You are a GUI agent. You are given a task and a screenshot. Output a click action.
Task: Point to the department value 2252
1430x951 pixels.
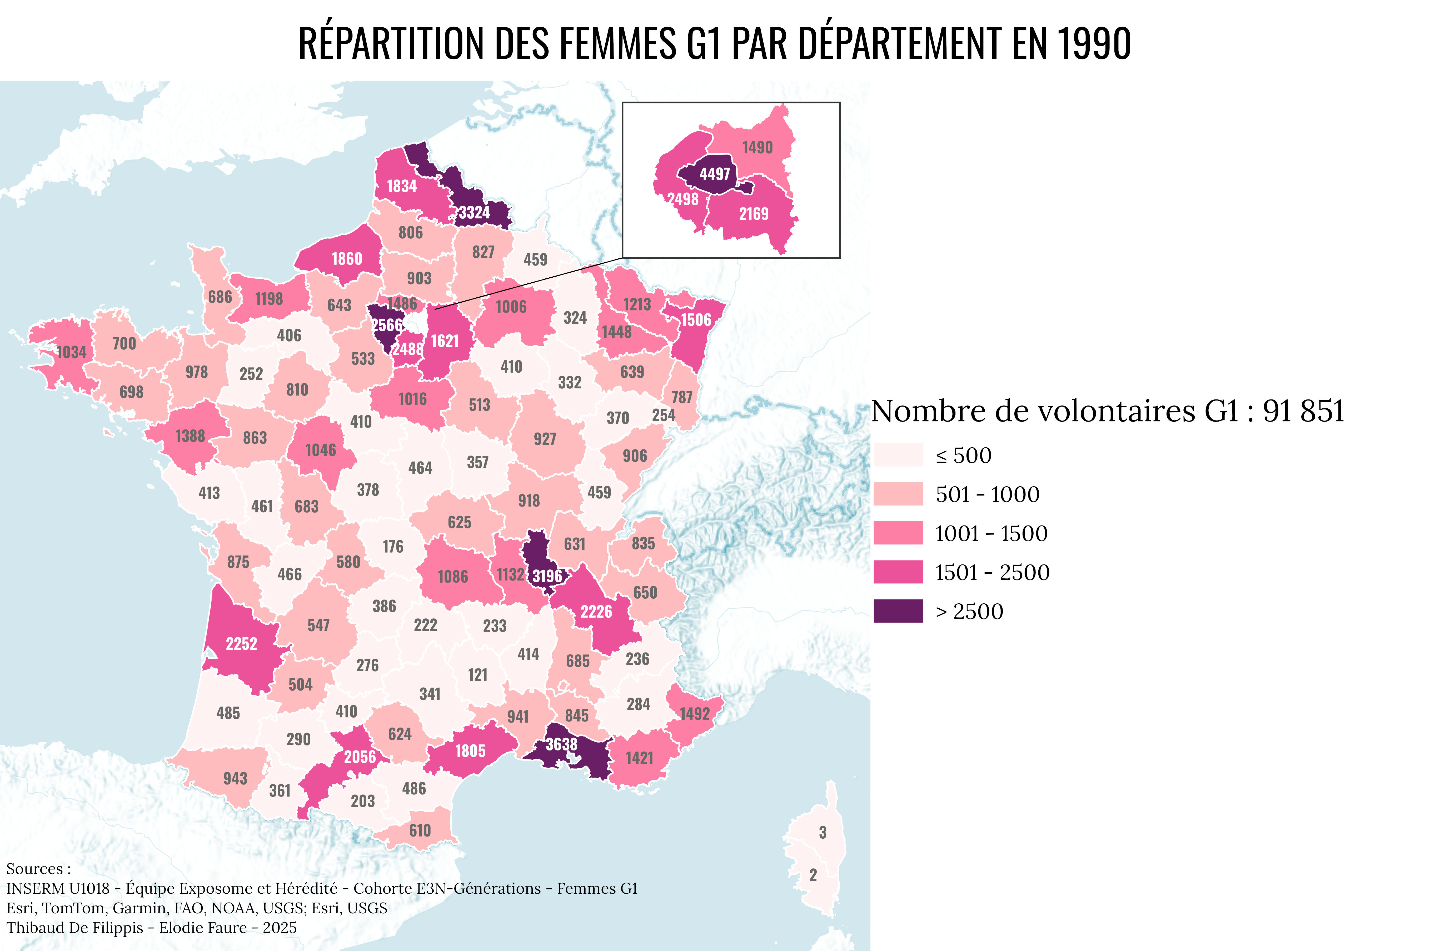pos(241,643)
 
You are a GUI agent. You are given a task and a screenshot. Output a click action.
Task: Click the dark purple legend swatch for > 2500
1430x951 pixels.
pos(898,611)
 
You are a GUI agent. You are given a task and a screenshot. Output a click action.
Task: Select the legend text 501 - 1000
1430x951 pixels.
pos(987,494)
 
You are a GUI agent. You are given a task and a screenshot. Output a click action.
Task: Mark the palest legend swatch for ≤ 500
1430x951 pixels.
pos(898,455)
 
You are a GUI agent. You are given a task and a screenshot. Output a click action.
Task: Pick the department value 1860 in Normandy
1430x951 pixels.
pos(346,259)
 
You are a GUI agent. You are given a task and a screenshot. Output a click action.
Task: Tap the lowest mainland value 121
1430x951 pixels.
pos(477,674)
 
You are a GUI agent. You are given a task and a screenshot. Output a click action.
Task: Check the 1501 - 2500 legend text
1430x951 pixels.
pos(992,572)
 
